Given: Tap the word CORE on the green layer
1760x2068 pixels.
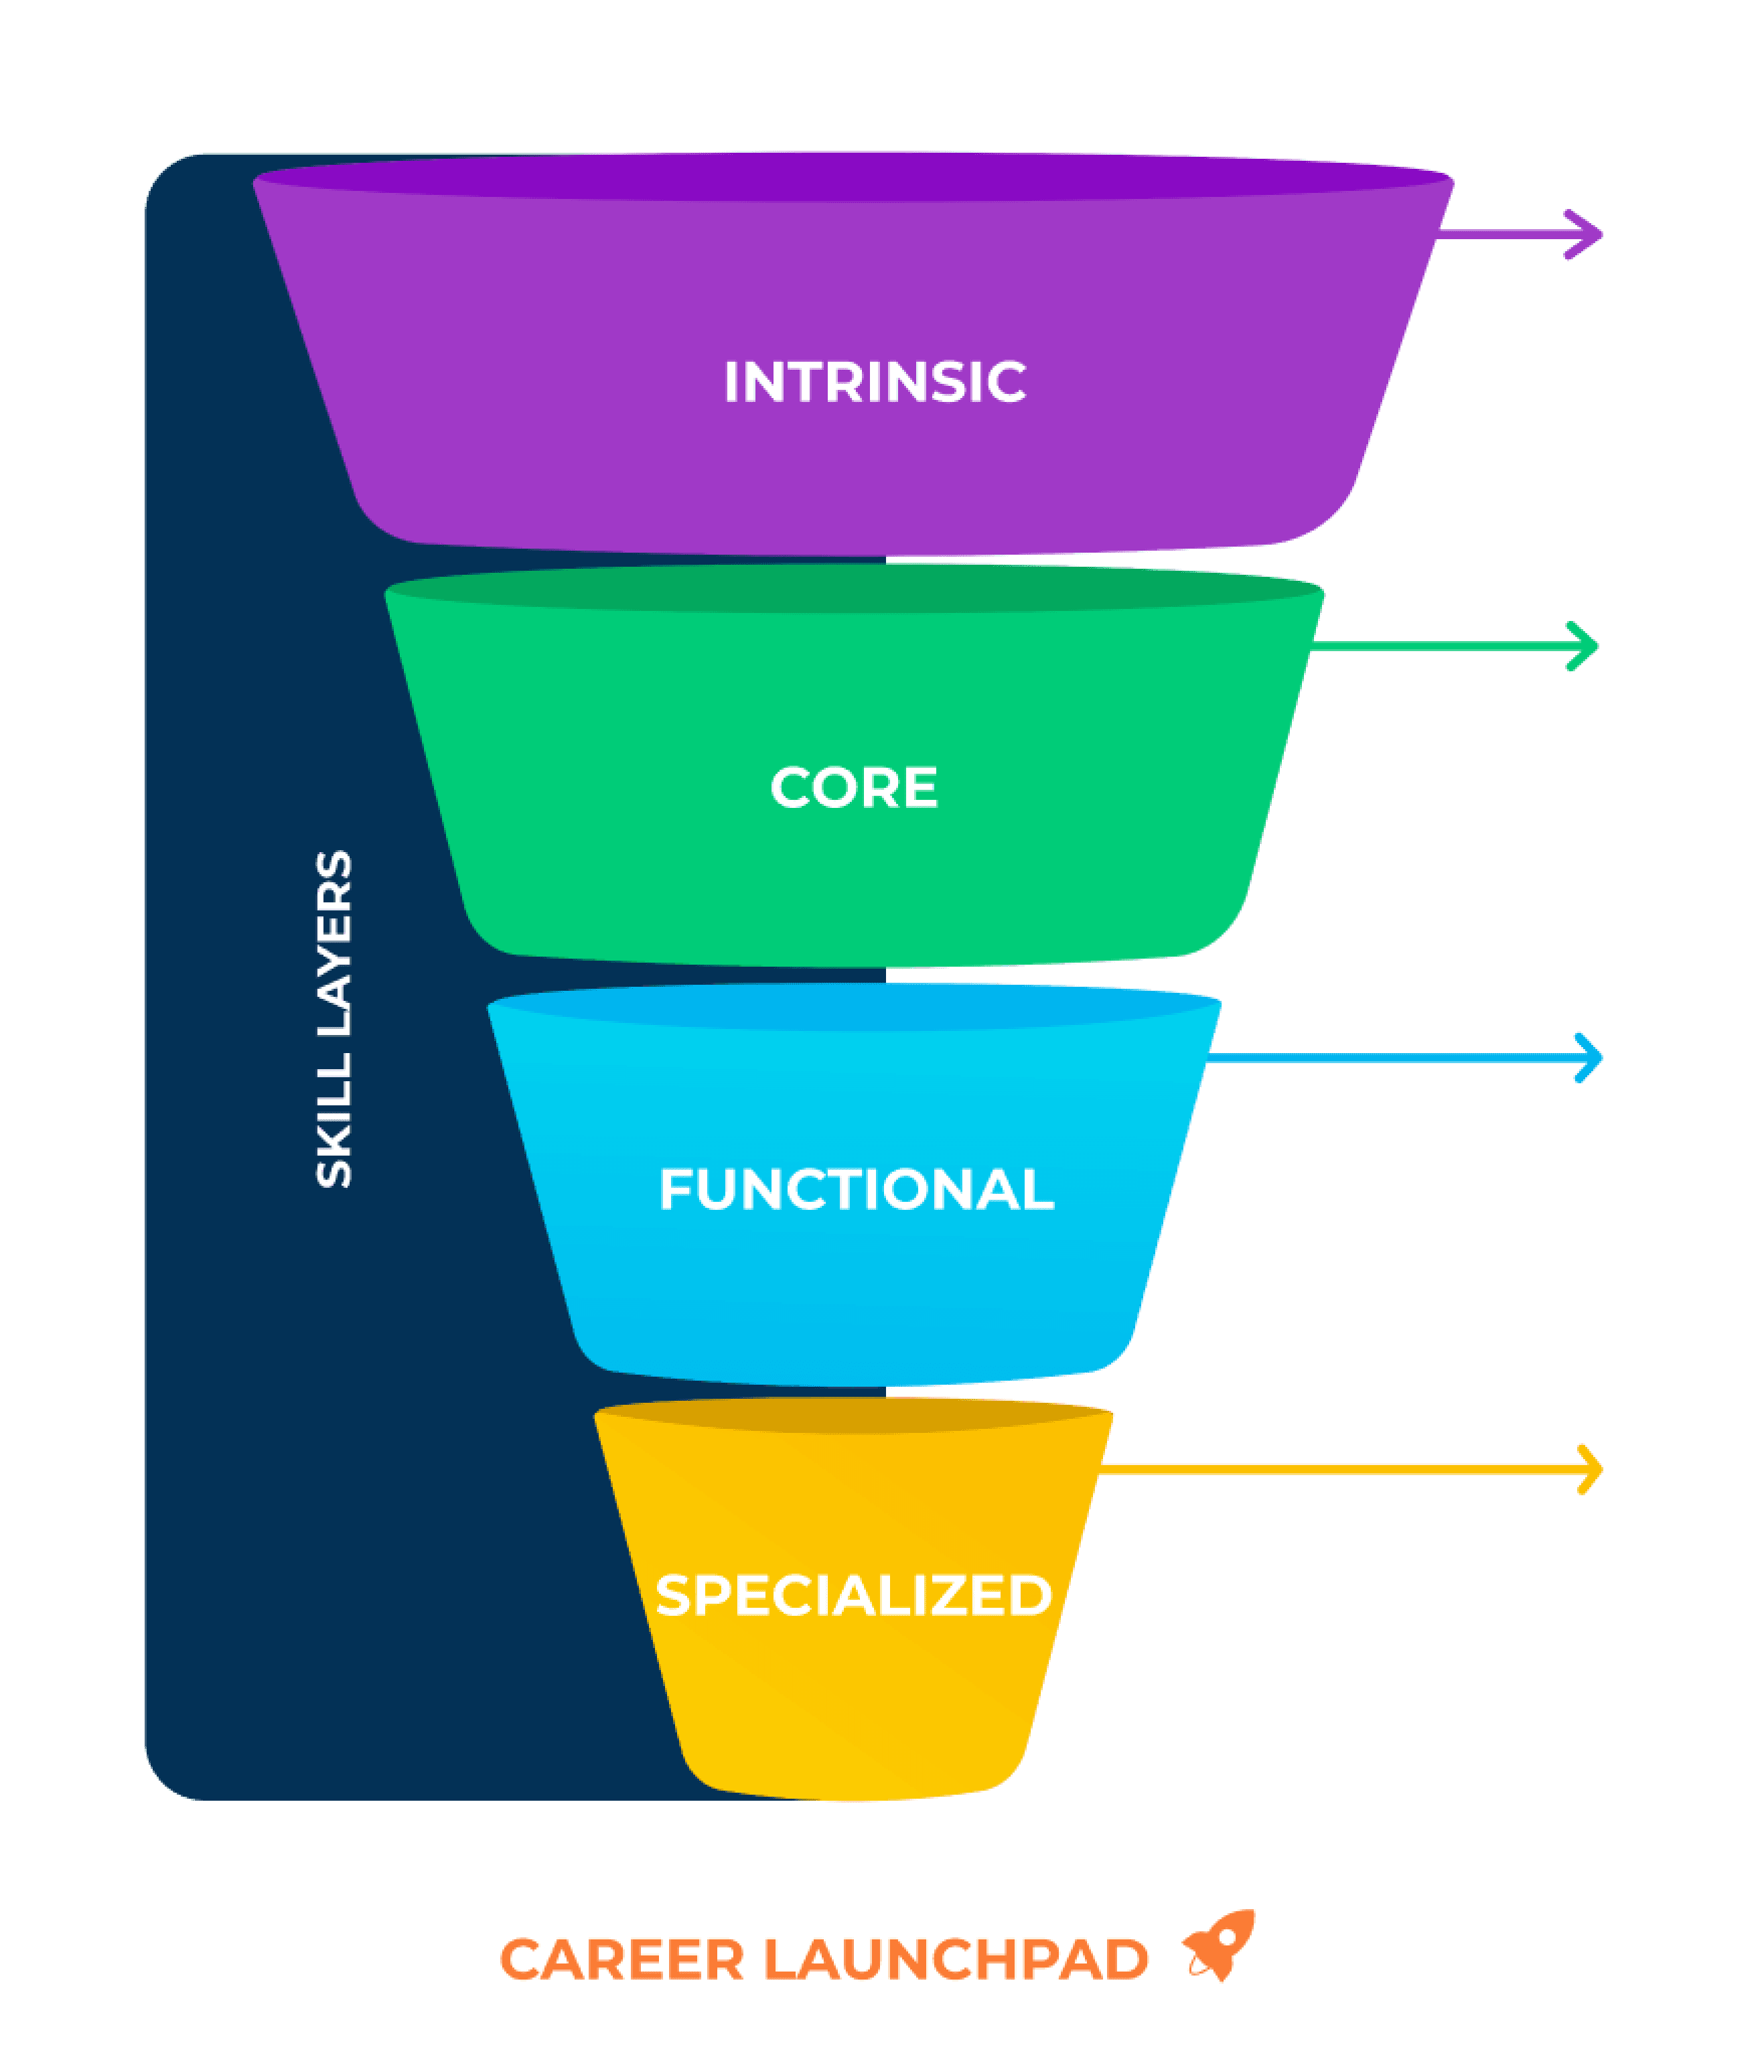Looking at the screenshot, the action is (x=854, y=788).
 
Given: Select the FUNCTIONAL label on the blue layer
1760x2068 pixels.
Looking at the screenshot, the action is (x=856, y=1190).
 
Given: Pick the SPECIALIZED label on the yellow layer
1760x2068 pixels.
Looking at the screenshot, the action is (x=854, y=1595).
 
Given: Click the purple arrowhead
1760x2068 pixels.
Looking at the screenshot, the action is (x=1583, y=234).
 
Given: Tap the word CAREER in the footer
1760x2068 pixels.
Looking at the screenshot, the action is (x=621, y=1959).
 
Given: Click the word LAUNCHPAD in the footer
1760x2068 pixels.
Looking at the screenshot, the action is (x=956, y=1959).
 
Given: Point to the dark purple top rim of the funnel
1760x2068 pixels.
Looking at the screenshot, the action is (x=854, y=177).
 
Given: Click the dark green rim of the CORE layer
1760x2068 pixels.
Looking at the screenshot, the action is (x=854, y=588).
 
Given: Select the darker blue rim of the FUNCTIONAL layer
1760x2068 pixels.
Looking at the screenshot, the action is (x=854, y=1006).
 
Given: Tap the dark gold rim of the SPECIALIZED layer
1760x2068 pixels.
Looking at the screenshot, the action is (x=854, y=1416).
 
